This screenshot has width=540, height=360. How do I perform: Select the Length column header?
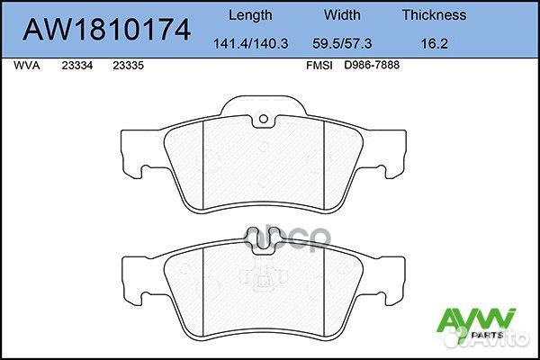pos(251,14)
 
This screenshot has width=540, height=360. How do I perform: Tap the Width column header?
pos(341,14)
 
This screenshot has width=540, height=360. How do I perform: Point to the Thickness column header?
pos(434,14)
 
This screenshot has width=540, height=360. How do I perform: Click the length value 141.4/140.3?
pos(251,41)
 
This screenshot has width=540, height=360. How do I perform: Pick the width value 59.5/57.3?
pos(341,41)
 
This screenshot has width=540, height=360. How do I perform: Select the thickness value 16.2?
pos(434,41)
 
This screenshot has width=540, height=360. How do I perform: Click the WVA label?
pos(30,66)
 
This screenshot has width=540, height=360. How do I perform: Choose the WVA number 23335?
pos(130,66)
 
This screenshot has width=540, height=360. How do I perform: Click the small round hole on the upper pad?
pos(264,121)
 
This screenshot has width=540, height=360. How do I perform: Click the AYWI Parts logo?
pos(474,322)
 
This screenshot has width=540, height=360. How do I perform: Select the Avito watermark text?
pos(503,341)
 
